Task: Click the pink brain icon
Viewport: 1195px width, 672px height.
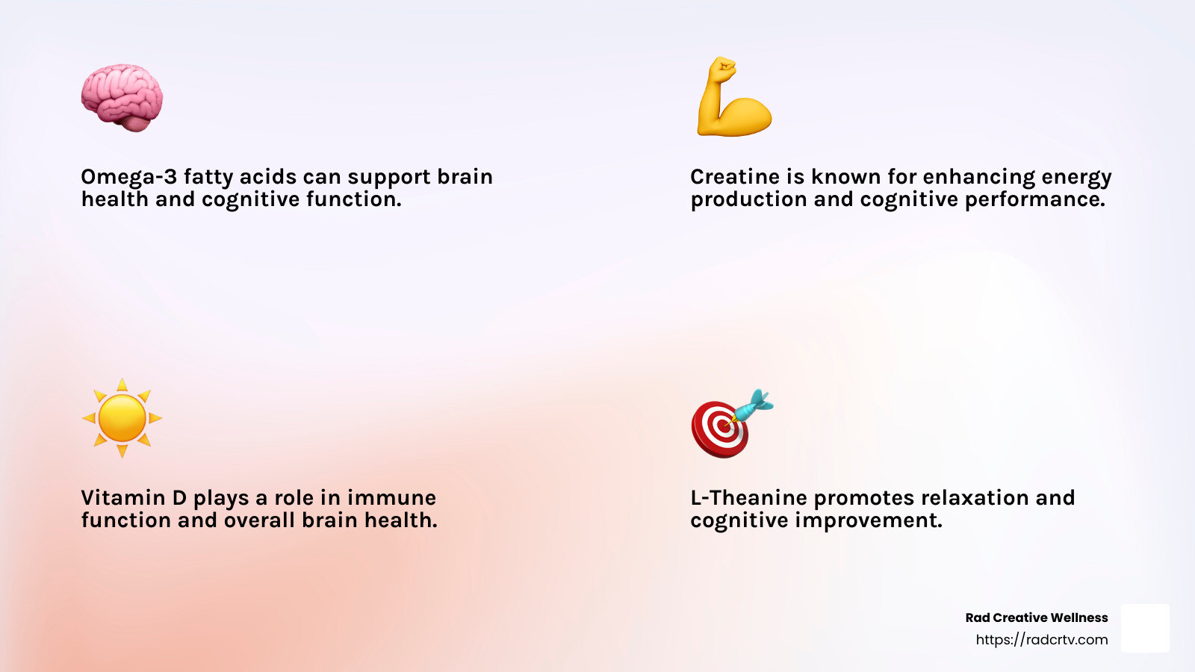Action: click(x=122, y=98)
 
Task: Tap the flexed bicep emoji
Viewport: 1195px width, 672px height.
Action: click(x=734, y=96)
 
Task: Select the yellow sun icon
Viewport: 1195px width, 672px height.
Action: click(x=122, y=418)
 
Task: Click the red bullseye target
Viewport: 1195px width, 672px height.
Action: click(x=720, y=429)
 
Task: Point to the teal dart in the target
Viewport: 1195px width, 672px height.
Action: click(x=751, y=406)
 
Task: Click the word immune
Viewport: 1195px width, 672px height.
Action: click(x=391, y=497)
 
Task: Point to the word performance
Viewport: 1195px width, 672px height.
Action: click(x=1035, y=200)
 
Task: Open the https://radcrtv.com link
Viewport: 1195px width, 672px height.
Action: click(x=1041, y=639)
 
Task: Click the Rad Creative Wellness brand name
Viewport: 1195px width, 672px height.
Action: click(x=1037, y=617)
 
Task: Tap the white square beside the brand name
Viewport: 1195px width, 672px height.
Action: click(x=1146, y=628)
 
